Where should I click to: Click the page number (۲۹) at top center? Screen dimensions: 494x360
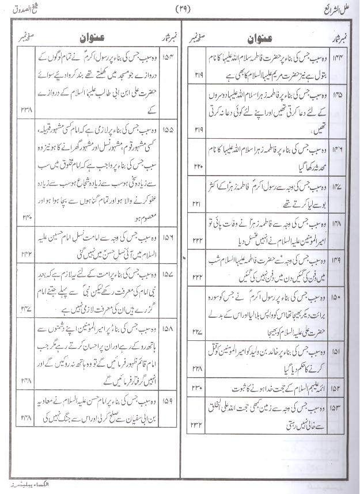183,9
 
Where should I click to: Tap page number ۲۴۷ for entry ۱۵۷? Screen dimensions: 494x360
26,309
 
